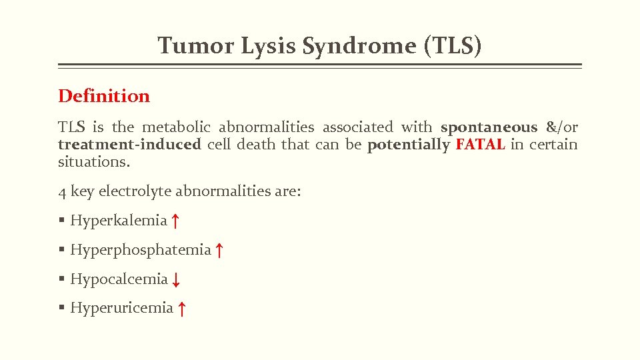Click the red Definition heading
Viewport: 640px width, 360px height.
[104, 96]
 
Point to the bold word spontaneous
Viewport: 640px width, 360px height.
[489, 127]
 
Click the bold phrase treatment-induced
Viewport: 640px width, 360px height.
[129, 145]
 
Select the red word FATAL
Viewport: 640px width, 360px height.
[480, 145]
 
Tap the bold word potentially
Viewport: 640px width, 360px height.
[409, 145]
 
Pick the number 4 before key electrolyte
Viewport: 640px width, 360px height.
[62, 192]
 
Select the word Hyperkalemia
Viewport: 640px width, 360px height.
[119, 221]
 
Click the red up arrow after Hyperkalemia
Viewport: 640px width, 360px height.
[175, 221]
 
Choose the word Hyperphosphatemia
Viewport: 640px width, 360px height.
[141, 250]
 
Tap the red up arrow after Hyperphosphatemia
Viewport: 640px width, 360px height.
[219, 251]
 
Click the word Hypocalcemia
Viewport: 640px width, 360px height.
[119, 279]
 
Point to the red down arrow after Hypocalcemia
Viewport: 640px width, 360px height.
[175, 280]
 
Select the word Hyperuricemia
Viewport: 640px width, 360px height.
[121, 308]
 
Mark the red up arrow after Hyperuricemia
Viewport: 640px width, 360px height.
[181, 309]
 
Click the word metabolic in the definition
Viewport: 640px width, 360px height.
[177, 127]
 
